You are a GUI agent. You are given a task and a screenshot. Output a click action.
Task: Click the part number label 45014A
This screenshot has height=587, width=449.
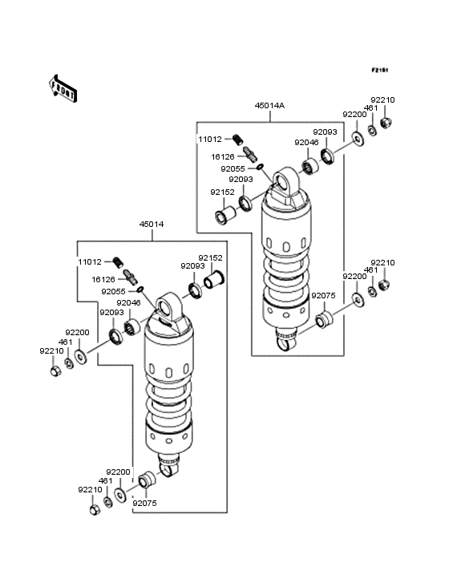coord(269,106)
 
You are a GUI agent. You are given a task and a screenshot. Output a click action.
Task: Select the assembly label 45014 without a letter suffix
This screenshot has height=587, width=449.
coord(151,225)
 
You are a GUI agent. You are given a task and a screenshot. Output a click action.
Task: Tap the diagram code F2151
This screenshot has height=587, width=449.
coord(379,71)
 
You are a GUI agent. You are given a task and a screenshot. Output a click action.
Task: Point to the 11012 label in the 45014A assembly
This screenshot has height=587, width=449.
coord(210,140)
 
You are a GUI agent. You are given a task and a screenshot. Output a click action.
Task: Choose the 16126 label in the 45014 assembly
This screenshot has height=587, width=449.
coord(104,279)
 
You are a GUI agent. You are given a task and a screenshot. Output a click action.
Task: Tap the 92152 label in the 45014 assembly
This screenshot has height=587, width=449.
coord(210,258)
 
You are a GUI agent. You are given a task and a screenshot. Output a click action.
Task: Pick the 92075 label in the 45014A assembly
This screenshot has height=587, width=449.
coord(323,296)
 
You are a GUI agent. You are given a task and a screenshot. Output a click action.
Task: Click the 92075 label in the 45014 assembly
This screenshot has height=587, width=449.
coord(144,503)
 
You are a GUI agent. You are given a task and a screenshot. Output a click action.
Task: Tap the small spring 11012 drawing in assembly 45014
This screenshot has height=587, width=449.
coord(119,261)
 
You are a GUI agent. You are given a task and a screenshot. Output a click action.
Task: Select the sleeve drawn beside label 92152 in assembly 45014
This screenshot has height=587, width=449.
coord(214,281)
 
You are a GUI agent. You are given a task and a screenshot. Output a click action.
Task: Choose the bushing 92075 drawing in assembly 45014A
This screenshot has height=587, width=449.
coord(324,321)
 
